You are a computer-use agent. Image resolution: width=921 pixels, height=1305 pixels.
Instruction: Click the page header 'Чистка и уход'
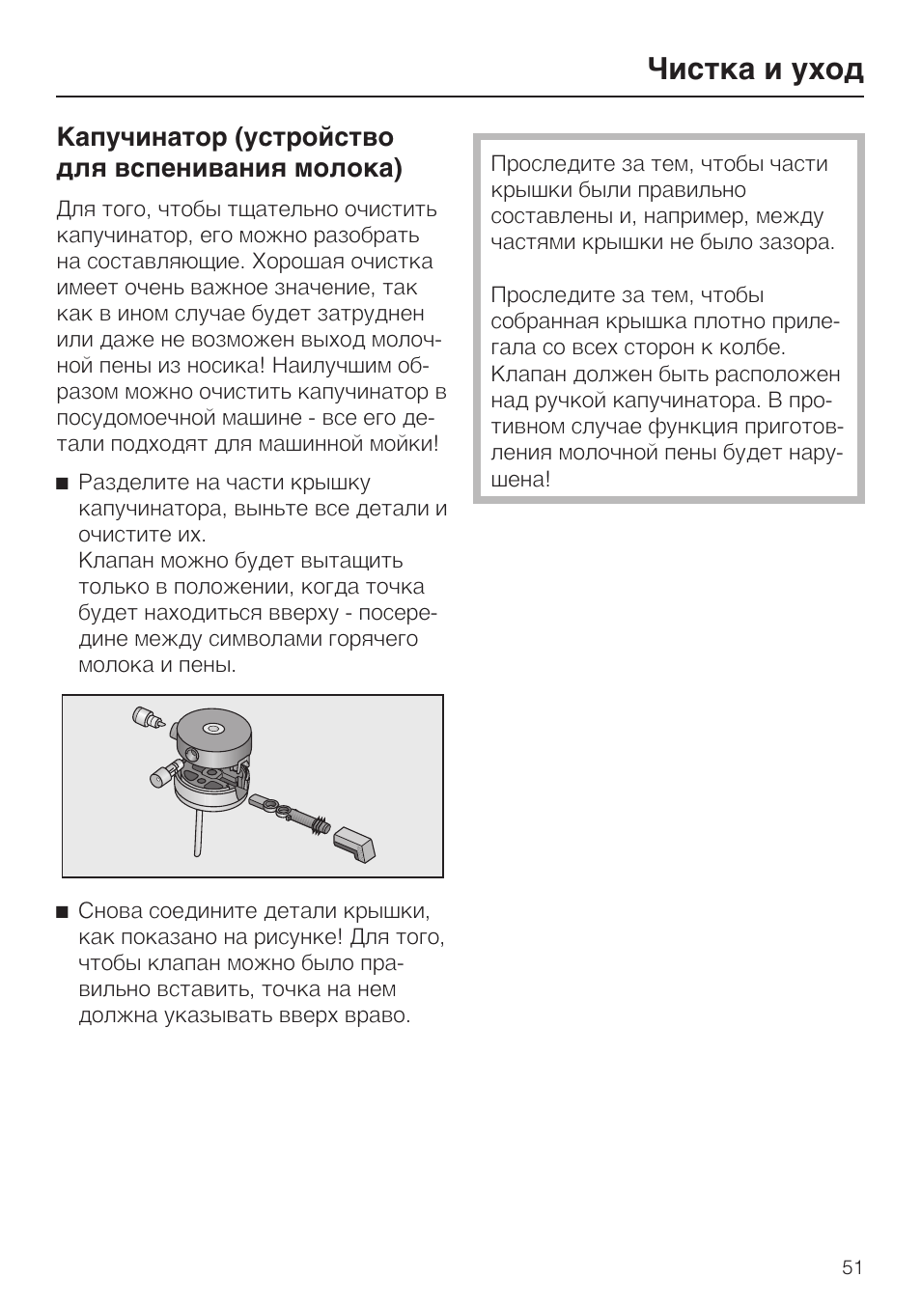tap(755, 69)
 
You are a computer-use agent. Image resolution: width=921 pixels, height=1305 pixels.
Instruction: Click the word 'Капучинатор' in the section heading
tap(142, 138)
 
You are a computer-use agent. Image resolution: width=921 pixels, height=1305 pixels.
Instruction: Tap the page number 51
tap(851, 1267)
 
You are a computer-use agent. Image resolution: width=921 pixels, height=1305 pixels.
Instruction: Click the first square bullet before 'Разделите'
tap(63, 484)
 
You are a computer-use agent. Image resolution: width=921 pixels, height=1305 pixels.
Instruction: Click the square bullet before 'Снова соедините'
tap(63, 912)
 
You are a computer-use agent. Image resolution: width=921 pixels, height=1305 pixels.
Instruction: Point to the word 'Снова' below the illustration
tap(111, 911)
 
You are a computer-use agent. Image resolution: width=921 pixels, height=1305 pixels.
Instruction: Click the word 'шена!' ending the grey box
tap(520, 479)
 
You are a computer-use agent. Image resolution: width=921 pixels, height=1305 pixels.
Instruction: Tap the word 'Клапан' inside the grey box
tap(526, 375)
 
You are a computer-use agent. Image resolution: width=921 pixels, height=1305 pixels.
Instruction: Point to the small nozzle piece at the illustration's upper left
tap(147, 717)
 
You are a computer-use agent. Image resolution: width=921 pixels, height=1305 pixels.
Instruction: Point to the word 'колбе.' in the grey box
tap(753, 347)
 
